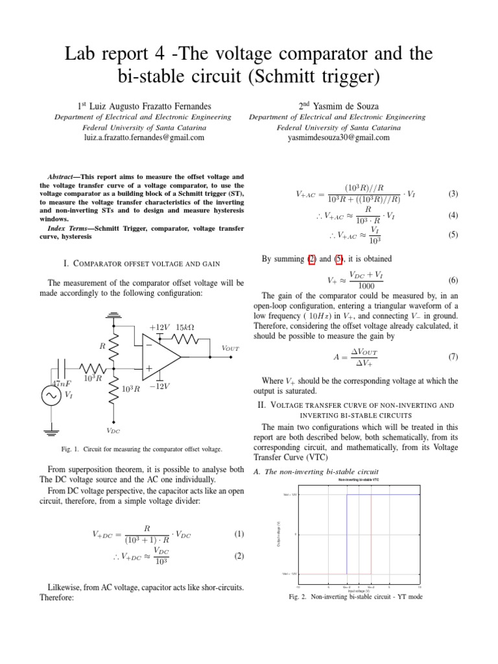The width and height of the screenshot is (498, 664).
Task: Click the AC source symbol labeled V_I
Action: [50, 397]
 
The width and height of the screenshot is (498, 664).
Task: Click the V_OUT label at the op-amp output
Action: [230, 348]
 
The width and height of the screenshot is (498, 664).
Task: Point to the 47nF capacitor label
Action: [62, 384]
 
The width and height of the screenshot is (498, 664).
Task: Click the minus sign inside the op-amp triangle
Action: [149, 345]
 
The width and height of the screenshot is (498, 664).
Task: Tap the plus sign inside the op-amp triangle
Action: [149, 369]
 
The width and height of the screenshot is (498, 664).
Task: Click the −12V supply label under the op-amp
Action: [159, 386]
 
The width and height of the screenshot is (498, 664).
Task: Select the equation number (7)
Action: [453, 357]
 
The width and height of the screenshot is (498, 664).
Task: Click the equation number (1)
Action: [239, 534]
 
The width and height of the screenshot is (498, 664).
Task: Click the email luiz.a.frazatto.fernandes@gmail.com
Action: [144, 138]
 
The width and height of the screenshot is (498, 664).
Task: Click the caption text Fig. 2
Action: [300, 597]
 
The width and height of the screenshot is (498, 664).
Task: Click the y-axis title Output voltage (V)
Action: [279, 534]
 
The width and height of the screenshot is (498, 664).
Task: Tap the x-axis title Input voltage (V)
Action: [359, 591]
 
